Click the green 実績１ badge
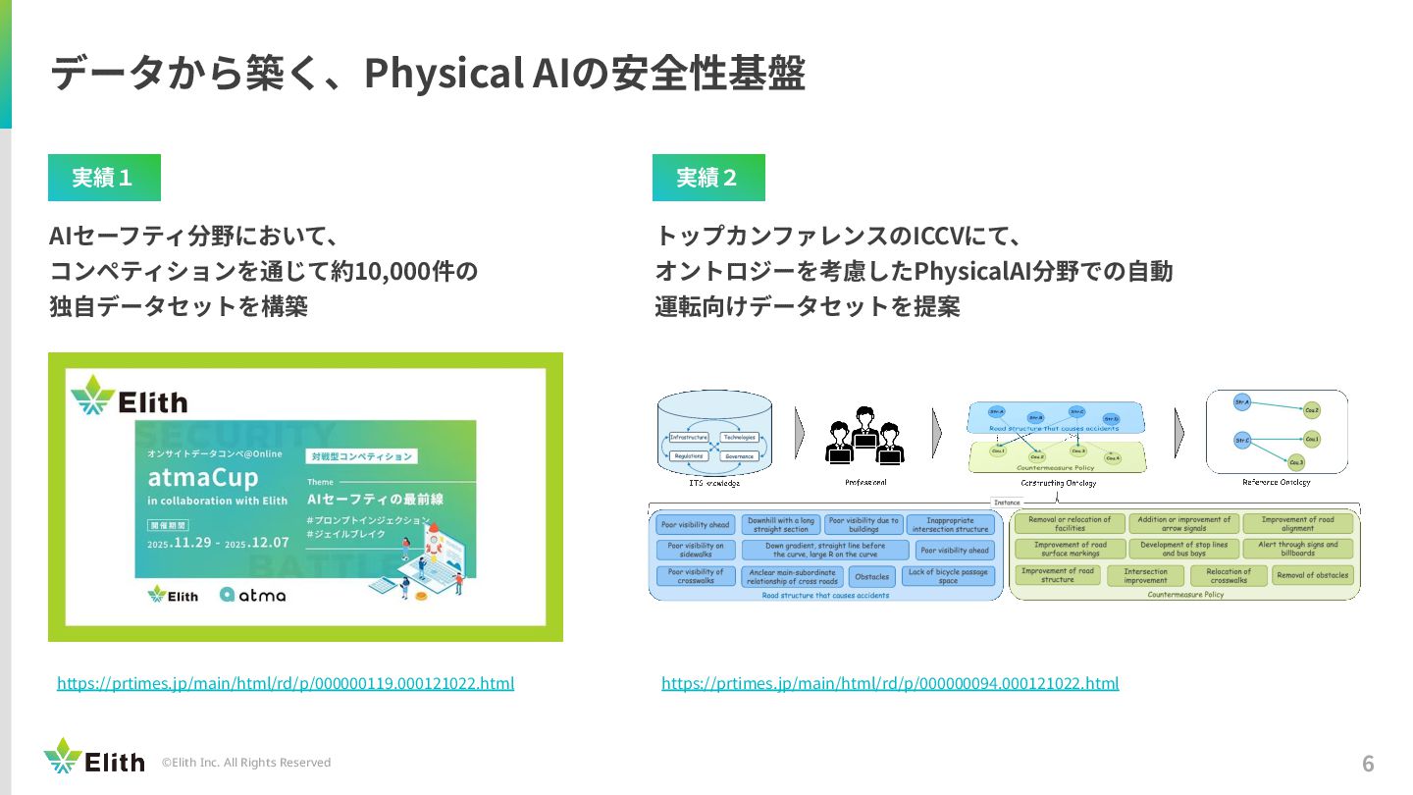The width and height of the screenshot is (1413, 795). (104, 178)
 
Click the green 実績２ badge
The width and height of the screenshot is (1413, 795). (708, 178)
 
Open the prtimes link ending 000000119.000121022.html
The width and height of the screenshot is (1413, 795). (286, 683)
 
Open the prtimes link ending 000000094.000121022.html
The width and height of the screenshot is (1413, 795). (890, 683)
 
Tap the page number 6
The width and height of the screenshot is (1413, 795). (1368, 764)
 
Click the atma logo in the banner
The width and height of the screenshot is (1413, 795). (252, 594)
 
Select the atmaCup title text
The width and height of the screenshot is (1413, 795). (203, 478)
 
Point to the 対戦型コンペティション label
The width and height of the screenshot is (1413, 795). (361, 456)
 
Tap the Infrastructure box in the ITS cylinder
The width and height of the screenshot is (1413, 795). (689, 437)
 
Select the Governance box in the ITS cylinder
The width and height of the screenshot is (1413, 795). (740, 456)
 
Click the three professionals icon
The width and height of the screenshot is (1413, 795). (864, 437)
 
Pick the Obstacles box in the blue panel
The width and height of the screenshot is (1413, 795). (871, 577)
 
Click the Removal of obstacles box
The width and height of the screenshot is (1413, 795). (1313, 575)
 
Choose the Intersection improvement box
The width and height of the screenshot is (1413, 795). (1145, 576)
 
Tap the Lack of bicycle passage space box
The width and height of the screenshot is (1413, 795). (948, 576)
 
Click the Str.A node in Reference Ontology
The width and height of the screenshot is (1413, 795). (1241, 403)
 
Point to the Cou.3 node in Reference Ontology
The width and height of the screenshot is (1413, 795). (1296, 461)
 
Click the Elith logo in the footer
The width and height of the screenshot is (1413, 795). (93, 758)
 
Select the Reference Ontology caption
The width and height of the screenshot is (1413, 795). (1276, 482)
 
